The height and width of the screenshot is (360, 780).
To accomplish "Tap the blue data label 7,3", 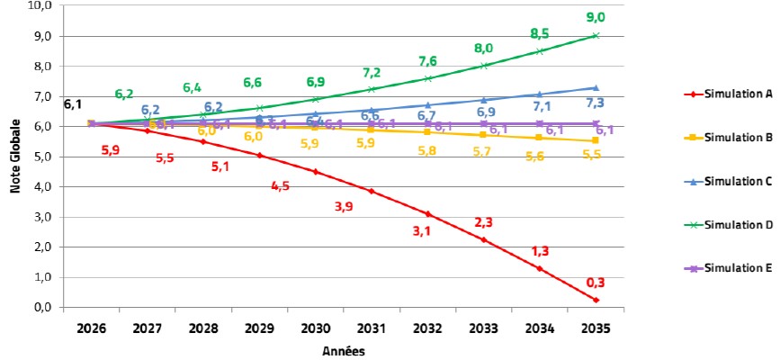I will click(x=595, y=103).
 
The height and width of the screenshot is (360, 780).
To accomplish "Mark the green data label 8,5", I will click(x=539, y=32).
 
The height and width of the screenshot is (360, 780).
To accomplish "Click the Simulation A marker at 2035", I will click(x=595, y=299).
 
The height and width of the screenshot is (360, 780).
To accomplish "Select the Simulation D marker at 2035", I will click(x=595, y=36).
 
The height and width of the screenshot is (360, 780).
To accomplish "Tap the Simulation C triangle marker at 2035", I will click(x=595, y=87).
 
